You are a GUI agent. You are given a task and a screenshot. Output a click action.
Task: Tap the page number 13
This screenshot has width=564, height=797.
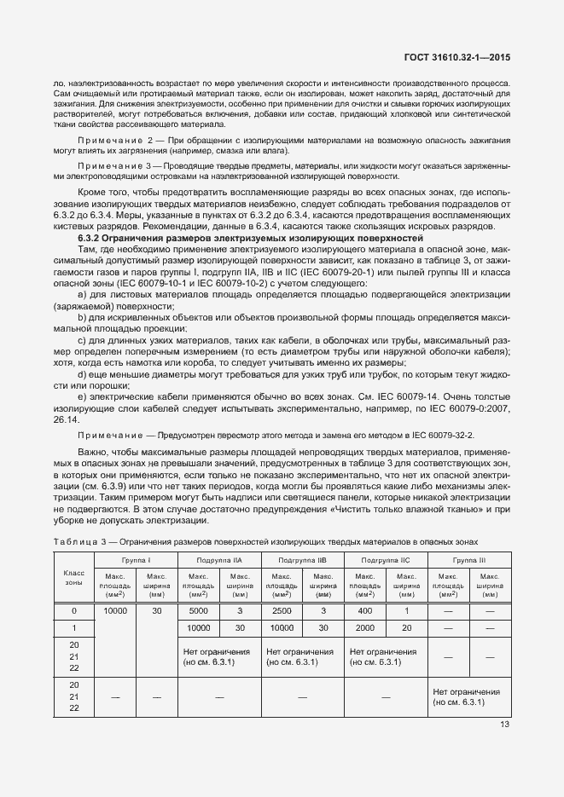coord(504,725)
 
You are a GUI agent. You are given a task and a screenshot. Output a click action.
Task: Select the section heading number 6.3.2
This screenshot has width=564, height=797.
coord(91,239)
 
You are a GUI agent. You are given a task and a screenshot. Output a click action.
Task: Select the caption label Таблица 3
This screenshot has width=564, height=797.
coord(82,542)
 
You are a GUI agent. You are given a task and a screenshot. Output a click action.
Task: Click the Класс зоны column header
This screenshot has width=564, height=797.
coord(74,580)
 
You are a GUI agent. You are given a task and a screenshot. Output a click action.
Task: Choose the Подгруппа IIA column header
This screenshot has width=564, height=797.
coord(219,559)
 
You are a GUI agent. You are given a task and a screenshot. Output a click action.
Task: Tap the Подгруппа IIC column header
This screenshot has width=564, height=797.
coord(385,559)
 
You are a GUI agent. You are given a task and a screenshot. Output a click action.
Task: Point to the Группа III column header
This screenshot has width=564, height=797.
coord(468,559)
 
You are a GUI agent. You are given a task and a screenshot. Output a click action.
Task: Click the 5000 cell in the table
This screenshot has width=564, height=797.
coord(198,611)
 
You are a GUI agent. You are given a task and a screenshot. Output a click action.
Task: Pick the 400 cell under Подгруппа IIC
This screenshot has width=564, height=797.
coord(364,611)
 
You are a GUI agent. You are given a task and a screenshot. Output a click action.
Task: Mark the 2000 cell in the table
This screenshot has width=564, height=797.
coord(364,627)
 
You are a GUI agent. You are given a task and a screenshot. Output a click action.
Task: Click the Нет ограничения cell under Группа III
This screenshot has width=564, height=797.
coord(467,696)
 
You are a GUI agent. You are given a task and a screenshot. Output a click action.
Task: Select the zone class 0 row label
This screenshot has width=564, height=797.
coord(74,611)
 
